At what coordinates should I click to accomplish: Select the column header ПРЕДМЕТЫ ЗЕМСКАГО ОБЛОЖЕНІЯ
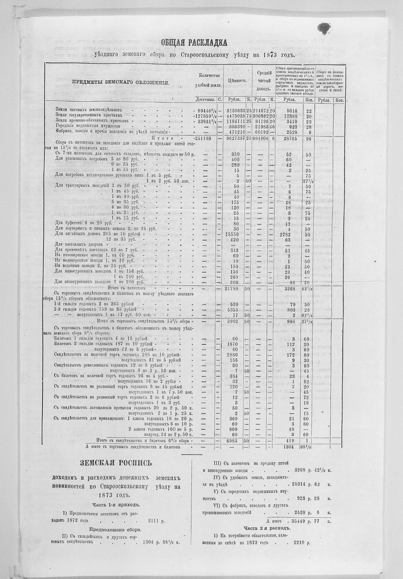coord(121,83)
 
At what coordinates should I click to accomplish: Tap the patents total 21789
coord(234,288)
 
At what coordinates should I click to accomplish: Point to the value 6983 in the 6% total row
coord(234,441)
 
